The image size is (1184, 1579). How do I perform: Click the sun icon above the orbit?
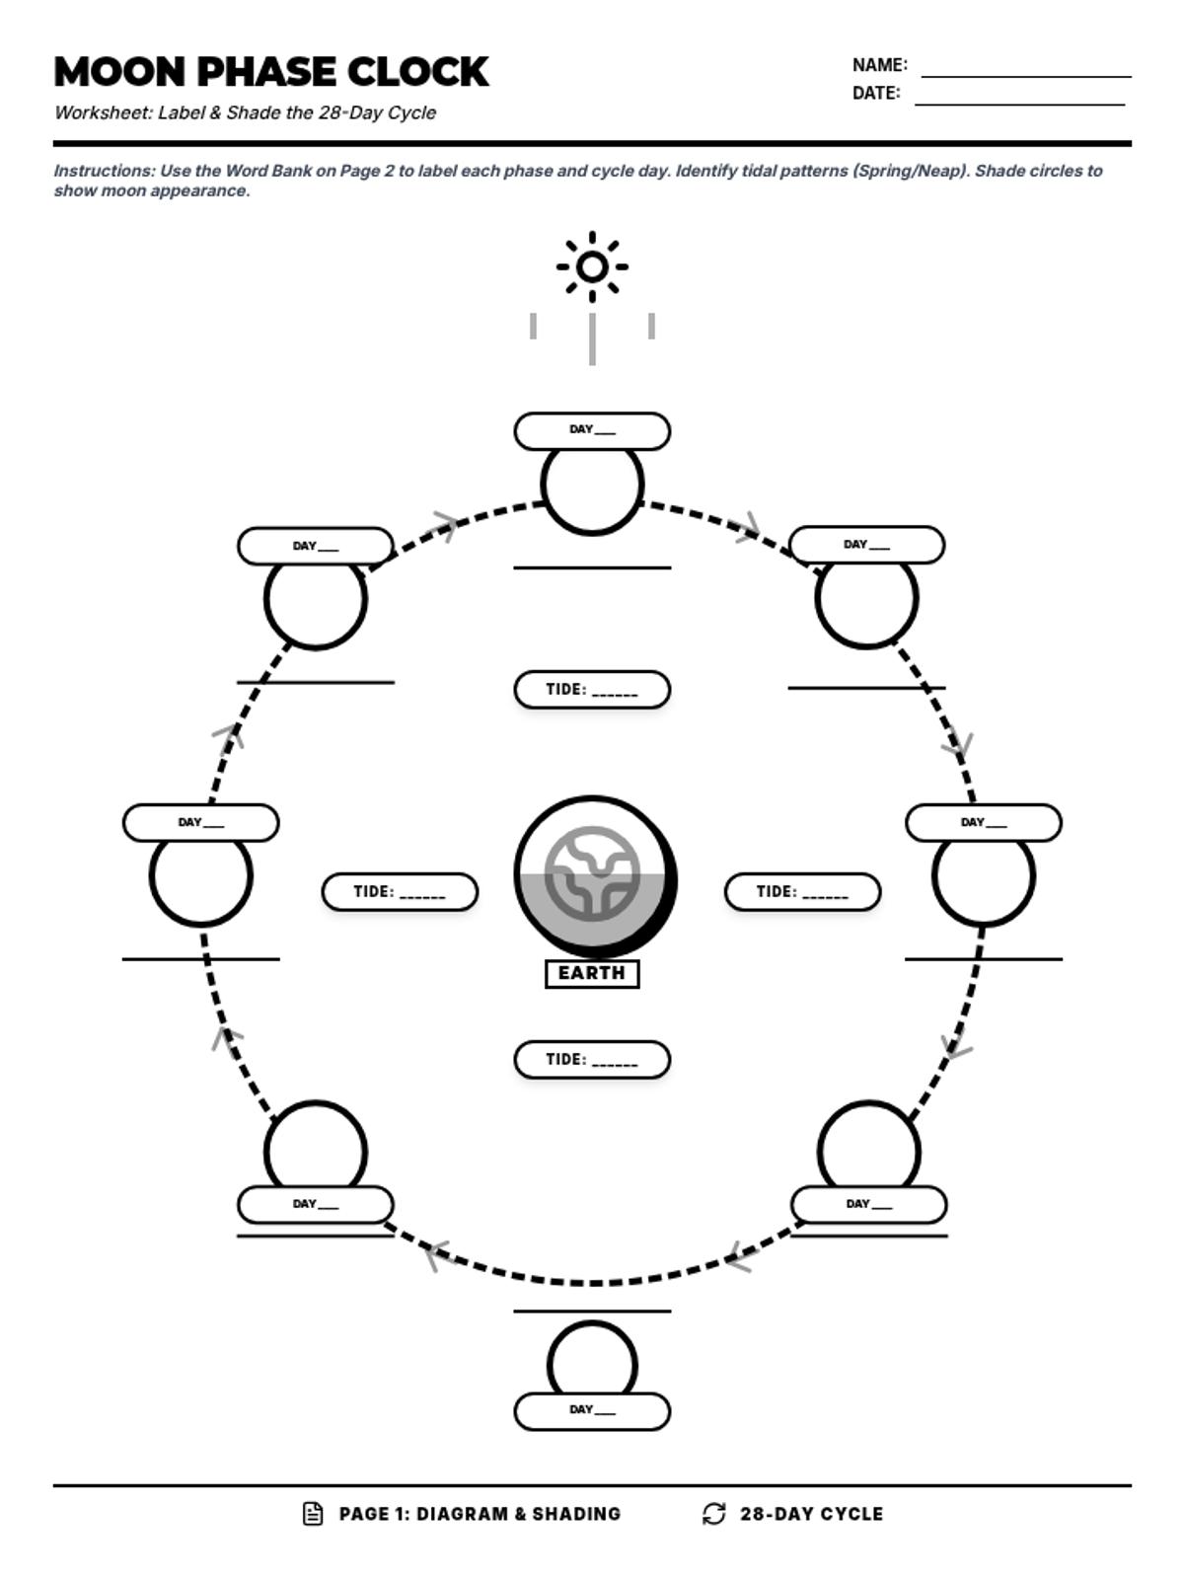pos(592,266)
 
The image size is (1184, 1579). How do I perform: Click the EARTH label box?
pos(592,973)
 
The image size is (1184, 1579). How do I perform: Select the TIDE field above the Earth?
pos(592,690)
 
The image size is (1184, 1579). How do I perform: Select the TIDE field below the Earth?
pos(592,1060)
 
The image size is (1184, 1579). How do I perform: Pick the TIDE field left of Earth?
pos(400,892)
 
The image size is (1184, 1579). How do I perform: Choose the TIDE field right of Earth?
pos(802,892)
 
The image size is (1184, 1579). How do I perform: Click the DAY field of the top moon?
pos(592,431)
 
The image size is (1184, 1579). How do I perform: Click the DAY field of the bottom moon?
pos(592,1411)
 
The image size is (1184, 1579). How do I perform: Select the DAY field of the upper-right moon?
pos(866,545)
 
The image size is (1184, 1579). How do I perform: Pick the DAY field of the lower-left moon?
pos(316,1205)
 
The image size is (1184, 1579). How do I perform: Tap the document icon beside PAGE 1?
pos(313,1514)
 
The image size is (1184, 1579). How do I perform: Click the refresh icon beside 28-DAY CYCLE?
pos(714,1514)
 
